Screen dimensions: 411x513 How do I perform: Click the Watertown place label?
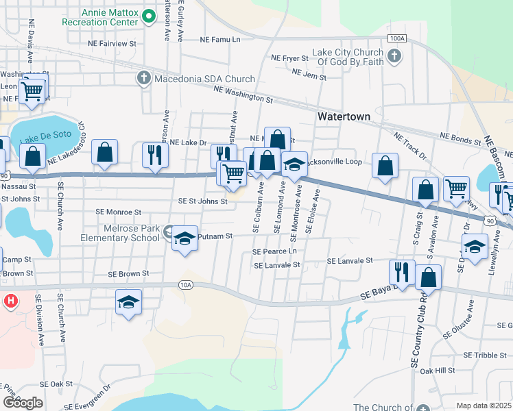click(344, 116)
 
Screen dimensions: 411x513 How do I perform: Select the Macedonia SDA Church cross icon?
click(144, 78)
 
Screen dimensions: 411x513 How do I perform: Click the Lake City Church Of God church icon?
click(394, 58)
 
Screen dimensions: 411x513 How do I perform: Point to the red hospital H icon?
click(10, 301)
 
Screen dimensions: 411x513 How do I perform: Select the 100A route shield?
click(396, 39)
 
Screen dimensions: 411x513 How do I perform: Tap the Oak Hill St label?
click(438, 371)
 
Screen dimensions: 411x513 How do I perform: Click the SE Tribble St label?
click(485, 355)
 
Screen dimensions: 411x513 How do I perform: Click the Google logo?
click(23, 402)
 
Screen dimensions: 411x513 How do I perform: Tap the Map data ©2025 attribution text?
click(484, 406)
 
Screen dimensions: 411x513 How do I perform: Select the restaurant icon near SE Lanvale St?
click(402, 271)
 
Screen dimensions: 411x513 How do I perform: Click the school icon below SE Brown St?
click(129, 302)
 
